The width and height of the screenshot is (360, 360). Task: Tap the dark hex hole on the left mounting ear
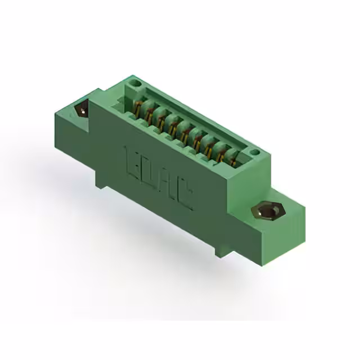(82, 109)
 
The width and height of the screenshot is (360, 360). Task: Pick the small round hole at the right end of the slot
(254, 152)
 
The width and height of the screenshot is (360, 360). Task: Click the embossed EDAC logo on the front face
(158, 178)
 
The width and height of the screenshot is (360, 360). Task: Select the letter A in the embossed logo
(165, 183)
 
